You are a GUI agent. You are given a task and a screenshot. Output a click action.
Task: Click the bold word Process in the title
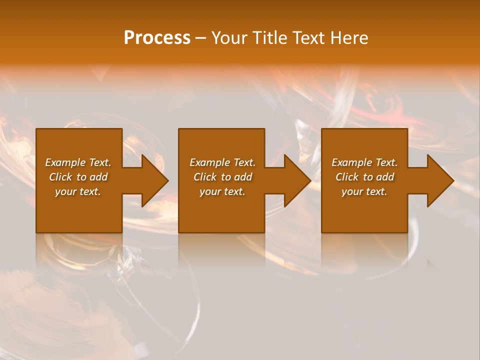[x=157, y=38]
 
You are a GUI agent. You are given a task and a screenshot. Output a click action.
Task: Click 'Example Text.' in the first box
[x=78, y=162]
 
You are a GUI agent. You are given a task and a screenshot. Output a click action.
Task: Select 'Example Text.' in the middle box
[x=222, y=162]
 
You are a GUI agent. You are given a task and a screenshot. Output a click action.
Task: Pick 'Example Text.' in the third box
[x=364, y=162]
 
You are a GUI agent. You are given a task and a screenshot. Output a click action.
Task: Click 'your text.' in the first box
[x=78, y=191]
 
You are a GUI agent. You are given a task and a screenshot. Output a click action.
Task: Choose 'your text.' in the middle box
[x=222, y=191]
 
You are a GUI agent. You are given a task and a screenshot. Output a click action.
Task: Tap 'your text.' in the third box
[x=364, y=191]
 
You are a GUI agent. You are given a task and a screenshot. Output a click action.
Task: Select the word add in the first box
[x=98, y=177]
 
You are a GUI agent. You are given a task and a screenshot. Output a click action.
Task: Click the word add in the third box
[x=385, y=177]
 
